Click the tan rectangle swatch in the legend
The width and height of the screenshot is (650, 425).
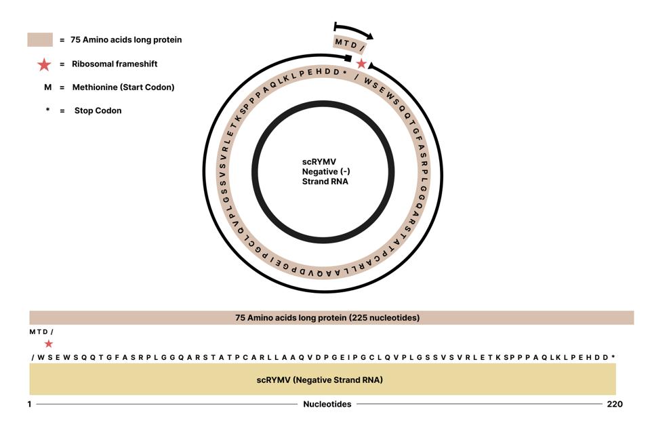point(40,40)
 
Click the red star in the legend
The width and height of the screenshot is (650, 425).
point(44,64)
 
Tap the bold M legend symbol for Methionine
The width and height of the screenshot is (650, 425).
point(47,87)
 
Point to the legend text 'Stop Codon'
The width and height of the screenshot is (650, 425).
point(98,110)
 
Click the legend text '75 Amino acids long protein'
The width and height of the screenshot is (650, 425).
point(126,40)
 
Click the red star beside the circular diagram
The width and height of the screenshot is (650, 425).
point(361,64)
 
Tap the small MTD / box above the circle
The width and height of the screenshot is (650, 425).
point(350,44)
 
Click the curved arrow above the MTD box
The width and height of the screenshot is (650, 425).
point(354,30)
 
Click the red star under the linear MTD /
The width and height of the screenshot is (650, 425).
point(49,344)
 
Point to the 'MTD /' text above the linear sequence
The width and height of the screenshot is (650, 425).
point(41,332)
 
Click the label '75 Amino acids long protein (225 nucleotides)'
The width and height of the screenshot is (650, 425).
point(327,318)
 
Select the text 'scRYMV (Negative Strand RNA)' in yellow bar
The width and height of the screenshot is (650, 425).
point(319,380)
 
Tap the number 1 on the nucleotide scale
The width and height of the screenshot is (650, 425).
point(30,404)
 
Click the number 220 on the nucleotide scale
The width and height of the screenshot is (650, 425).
point(614,404)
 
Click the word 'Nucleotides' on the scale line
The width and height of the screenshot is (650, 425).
point(327,404)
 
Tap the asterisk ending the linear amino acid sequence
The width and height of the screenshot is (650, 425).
point(613,357)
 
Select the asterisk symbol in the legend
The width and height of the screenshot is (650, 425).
point(47,110)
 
